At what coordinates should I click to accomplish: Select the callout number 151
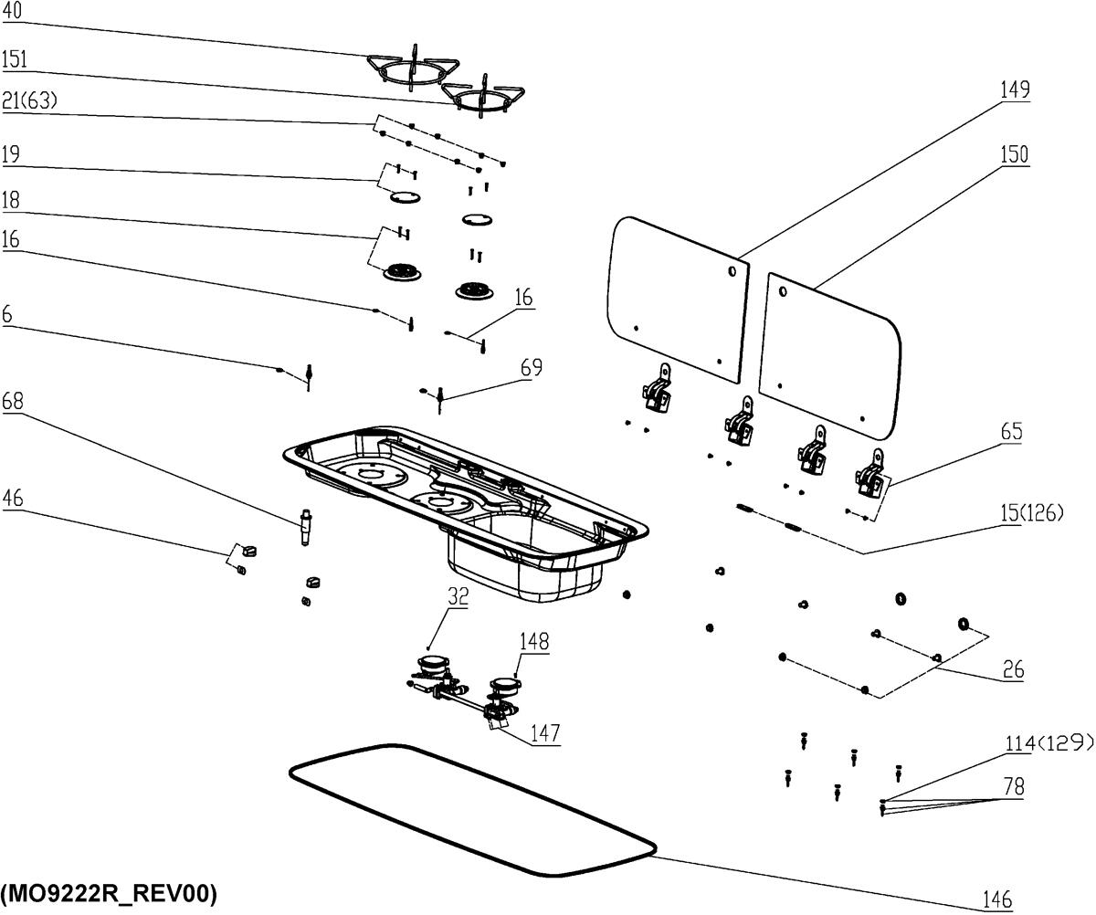pyautogui.click(x=15, y=60)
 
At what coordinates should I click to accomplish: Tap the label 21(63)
pyautogui.click(x=29, y=101)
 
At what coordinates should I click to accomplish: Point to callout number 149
pyautogui.click(x=1014, y=89)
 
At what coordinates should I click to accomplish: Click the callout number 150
pyautogui.click(x=1014, y=154)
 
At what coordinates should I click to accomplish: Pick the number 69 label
pyautogui.click(x=531, y=367)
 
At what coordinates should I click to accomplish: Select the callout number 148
pyautogui.click(x=536, y=641)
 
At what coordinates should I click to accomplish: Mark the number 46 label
pyautogui.click(x=13, y=498)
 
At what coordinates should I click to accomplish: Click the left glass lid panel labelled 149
pyautogui.click(x=676, y=292)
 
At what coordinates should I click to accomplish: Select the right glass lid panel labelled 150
pyautogui.click(x=827, y=352)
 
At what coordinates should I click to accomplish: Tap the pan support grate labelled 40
pyautogui.click(x=411, y=68)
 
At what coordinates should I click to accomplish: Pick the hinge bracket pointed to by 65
pyautogui.click(x=869, y=472)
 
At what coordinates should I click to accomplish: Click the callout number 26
pyautogui.click(x=1012, y=671)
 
